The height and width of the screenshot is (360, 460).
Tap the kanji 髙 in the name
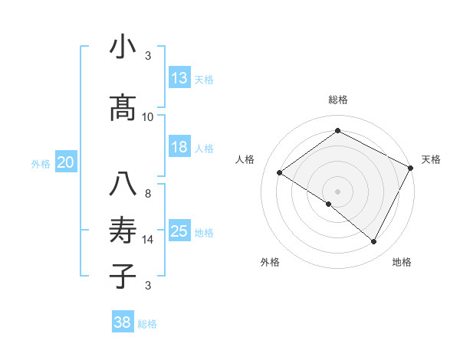[123, 108]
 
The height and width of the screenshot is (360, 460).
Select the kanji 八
[123, 185]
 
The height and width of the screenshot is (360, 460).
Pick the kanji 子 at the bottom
[123, 275]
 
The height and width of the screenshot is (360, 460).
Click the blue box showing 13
[179, 78]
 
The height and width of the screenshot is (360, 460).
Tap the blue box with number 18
[179, 147]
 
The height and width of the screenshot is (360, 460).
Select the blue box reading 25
[179, 231]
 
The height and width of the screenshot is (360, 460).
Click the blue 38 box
[123, 322]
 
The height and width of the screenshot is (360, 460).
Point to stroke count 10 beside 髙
[148, 117]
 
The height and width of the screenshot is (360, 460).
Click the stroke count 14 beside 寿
[148, 240]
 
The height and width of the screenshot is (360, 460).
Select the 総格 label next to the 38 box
[147, 324]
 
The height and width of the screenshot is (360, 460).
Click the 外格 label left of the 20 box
[41, 163]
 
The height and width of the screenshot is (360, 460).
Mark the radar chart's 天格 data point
[411, 167]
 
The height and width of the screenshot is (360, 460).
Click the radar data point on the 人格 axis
[280, 172]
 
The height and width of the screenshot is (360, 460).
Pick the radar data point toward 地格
[374, 241]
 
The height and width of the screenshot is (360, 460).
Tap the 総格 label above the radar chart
[337, 100]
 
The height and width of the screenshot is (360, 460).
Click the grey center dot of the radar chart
[337, 191]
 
